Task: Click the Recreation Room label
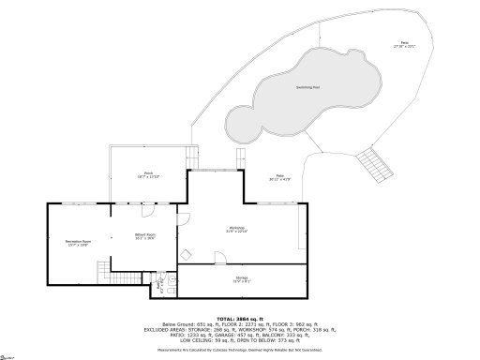(x=77, y=244)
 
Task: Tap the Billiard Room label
(x=143, y=236)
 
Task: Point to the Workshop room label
(x=236, y=230)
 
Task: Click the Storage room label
(x=241, y=279)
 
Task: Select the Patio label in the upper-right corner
(x=406, y=43)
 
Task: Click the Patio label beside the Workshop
(x=279, y=178)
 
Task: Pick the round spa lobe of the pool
(x=242, y=124)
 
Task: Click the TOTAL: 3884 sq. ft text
(x=240, y=319)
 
